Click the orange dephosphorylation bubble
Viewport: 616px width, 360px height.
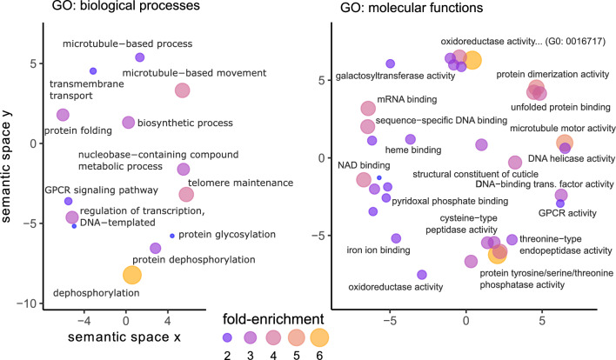(131, 275)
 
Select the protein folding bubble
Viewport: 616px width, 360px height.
(63, 115)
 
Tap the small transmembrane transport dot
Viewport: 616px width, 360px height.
(93, 70)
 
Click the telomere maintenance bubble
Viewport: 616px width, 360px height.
(186, 194)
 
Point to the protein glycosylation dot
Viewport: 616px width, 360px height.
(172, 236)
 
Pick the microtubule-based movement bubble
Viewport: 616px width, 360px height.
(182, 90)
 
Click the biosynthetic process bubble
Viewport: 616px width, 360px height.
(128, 123)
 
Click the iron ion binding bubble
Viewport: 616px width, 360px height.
(396, 238)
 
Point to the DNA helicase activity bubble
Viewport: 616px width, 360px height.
(515, 163)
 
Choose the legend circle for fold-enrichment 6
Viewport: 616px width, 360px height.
(319, 337)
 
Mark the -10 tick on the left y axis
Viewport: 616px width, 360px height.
(26, 303)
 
